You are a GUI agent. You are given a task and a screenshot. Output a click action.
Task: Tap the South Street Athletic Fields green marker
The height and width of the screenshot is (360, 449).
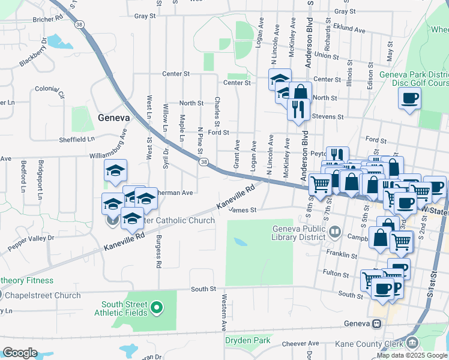coord(157,308)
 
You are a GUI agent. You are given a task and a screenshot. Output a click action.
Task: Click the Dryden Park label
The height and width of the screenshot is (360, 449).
coord(248,341)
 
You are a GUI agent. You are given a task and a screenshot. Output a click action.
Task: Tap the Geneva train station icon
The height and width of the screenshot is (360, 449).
coord(376,323)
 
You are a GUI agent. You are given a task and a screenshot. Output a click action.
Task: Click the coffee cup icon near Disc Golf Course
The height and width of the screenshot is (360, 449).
coord(409,98)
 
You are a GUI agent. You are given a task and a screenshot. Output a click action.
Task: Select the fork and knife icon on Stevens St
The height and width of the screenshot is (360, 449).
coord(297,109)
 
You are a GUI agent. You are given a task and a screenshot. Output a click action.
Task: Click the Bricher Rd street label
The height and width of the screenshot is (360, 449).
coord(49,19)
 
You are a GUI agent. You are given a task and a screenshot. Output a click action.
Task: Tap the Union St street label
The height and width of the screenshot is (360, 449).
coord(327,55)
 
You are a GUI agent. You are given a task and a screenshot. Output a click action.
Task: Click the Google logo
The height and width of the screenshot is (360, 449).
coord(20,352)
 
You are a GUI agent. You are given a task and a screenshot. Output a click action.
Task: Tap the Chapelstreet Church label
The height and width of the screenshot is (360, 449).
coord(42,295)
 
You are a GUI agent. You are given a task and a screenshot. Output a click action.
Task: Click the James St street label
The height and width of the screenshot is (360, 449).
coord(243,210)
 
